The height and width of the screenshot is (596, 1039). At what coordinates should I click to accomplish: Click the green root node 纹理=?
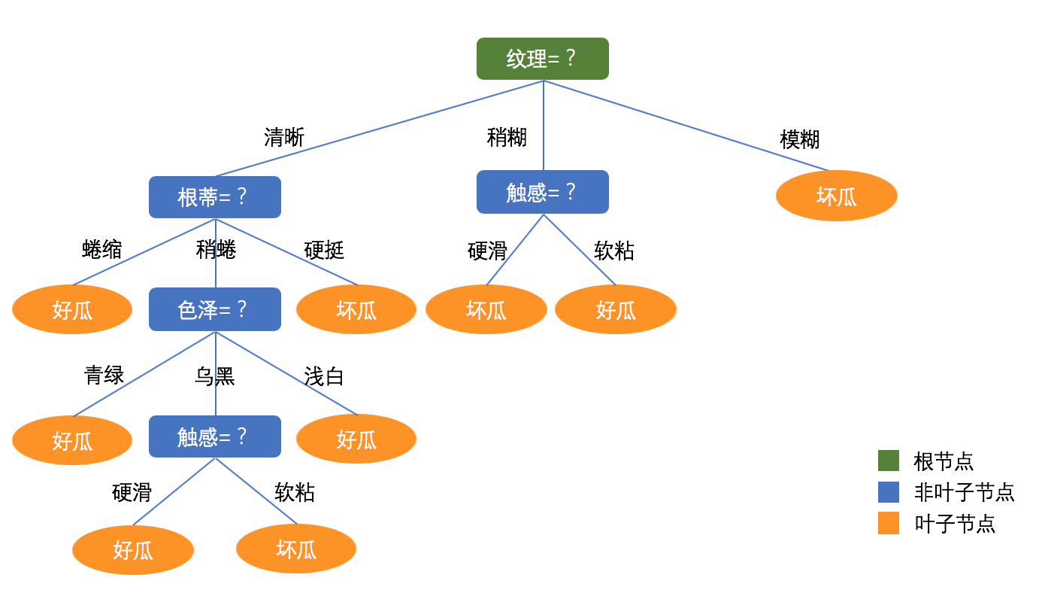pos(542,59)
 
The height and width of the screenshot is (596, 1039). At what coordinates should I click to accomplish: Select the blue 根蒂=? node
pos(214,197)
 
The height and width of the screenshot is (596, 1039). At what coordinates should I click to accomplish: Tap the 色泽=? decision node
pos(214,309)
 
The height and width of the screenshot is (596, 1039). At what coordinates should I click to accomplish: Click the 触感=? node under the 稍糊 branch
pos(542,192)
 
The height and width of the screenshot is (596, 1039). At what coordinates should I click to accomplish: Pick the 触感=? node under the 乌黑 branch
pos(214,436)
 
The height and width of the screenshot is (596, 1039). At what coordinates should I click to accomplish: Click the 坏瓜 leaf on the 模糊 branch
pos(836,196)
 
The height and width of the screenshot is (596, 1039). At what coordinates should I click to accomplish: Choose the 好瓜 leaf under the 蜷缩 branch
pos(72,309)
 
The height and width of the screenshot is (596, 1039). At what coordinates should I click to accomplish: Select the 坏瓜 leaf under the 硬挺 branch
pos(356,309)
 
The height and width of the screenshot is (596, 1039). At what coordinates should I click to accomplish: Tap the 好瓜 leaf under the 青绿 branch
pos(72,440)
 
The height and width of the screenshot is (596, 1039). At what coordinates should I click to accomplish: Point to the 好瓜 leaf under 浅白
pos(356,439)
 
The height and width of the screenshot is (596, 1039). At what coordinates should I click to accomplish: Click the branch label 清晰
pos(284,137)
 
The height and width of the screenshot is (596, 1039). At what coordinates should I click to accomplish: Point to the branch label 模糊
pos(799,139)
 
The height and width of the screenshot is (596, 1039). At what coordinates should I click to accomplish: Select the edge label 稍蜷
pos(216,249)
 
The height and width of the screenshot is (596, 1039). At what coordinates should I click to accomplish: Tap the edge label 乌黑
pos(214,376)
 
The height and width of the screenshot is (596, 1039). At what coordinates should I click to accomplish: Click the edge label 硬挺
pos(324,250)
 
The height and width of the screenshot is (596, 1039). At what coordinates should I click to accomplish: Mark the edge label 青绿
pos(104,375)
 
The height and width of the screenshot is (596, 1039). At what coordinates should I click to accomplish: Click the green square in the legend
pos(888,461)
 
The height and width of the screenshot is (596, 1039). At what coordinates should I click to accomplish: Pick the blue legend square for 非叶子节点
pos(888,492)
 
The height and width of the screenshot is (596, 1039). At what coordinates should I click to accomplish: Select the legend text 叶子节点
pos(955,524)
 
